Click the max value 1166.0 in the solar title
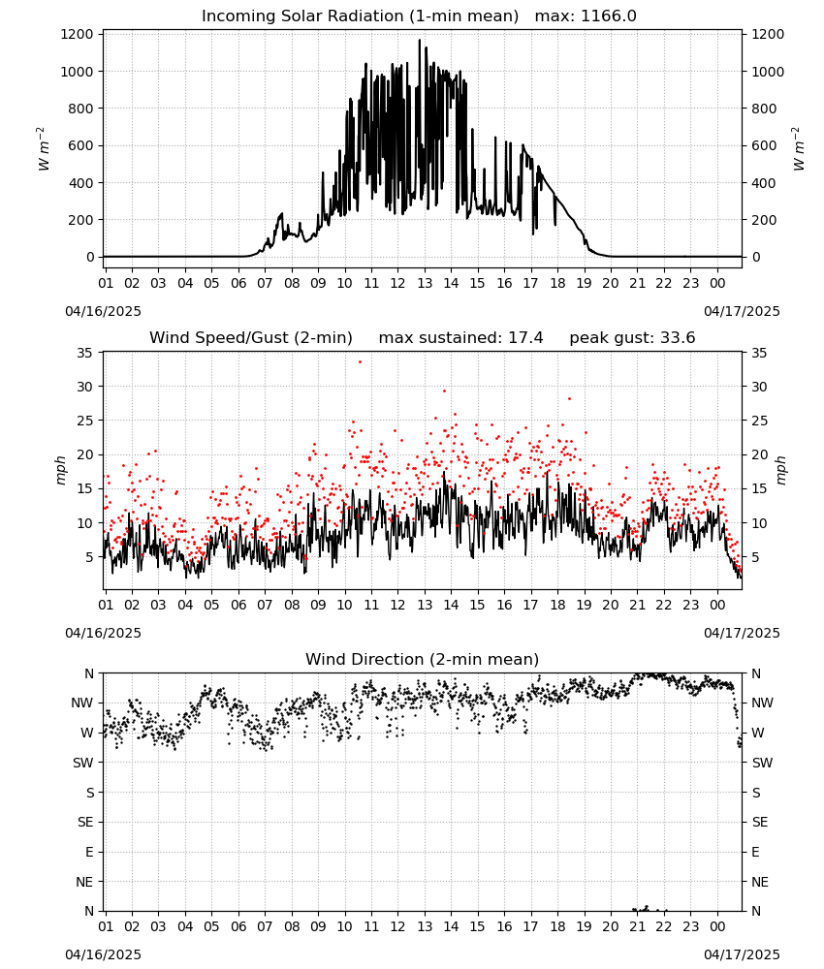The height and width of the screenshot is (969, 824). coord(608,16)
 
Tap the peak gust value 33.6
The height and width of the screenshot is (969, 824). coord(676,337)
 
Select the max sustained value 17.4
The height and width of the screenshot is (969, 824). coord(525,337)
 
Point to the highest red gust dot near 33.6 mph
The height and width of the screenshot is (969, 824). coord(361,362)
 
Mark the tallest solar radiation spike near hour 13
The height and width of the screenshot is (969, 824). coord(420,41)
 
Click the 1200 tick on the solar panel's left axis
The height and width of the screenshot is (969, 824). coord(78,34)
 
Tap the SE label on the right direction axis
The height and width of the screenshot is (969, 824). coord(760,822)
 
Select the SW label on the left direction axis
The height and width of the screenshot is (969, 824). coord(83,763)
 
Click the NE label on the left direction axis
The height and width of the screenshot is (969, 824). coord(84,882)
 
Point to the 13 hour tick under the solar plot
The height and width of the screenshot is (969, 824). coord(424,283)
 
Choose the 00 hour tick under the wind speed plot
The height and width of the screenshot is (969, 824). coord(717,605)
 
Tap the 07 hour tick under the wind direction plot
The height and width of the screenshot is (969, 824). coord(265,926)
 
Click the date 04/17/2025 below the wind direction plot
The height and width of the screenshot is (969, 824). coord(742,954)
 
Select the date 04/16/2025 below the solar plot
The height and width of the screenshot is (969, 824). coord(103,311)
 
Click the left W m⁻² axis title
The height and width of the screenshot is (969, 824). coord(43,148)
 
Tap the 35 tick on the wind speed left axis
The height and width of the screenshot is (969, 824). coord(84,353)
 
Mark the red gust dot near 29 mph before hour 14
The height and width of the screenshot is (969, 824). coord(444,391)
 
